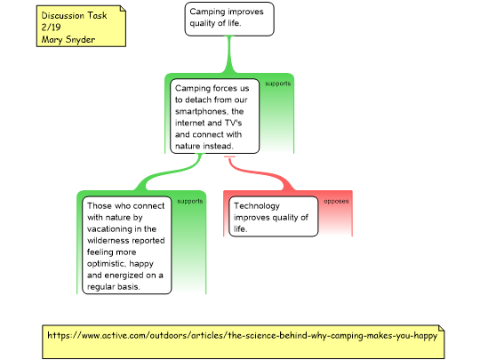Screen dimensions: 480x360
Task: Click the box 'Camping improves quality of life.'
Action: pyautogui.click(x=229, y=19)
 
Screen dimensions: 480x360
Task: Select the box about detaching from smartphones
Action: pyautogui.click(x=214, y=116)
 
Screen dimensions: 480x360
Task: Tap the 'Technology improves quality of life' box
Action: pyautogui.click(x=274, y=216)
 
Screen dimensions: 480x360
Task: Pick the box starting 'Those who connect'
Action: pyautogui.click(x=127, y=245)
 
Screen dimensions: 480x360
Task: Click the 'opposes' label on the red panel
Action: pyautogui.click(x=336, y=202)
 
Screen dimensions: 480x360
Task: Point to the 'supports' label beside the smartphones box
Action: pyautogui.click(x=277, y=84)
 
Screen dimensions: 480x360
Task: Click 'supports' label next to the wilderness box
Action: pyautogui.click(x=190, y=201)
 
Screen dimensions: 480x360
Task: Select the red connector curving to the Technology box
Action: pyautogui.click(x=260, y=174)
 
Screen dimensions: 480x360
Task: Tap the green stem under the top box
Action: pyautogui.click(x=229, y=54)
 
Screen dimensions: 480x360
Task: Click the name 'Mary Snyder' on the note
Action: pyautogui.click(x=68, y=39)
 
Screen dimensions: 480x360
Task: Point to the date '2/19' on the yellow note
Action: pyautogui.click(x=51, y=28)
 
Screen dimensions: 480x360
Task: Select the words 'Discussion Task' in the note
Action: pyautogui.click(x=74, y=15)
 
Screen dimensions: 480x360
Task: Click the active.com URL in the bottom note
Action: pyautogui.click(x=242, y=335)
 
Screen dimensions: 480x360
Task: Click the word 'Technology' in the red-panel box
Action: pyautogui.click(x=257, y=205)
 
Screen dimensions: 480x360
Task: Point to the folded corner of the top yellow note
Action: pyautogui.click(x=123, y=8)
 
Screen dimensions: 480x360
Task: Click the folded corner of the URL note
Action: pyautogui.click(x=441, y=328)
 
